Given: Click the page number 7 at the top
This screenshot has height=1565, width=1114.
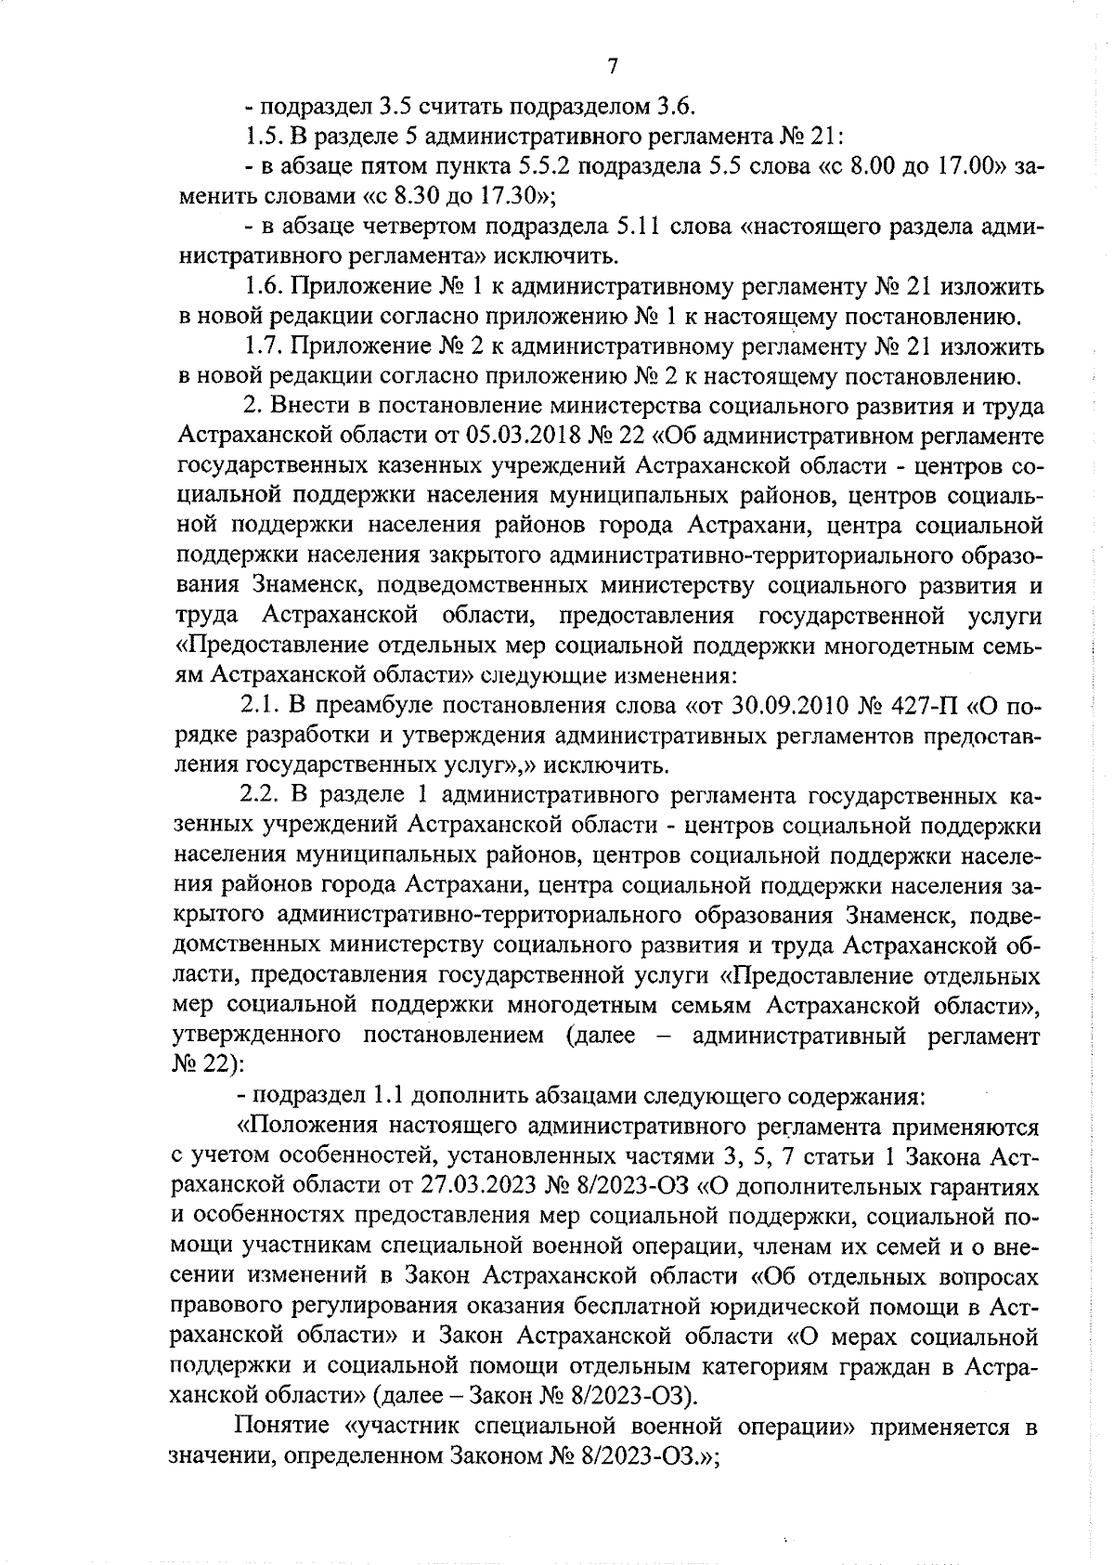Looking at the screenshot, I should (x=612, y=66).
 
